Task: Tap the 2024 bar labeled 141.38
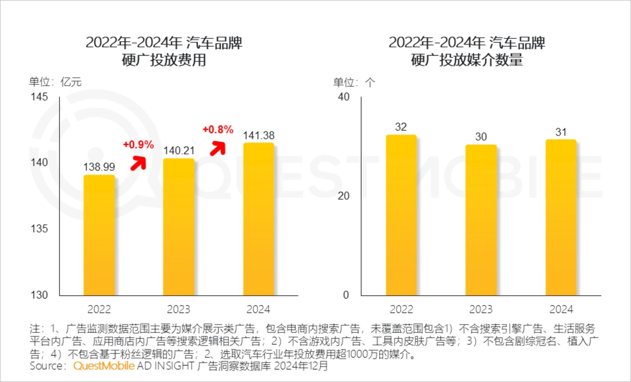259,219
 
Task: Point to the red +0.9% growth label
138,145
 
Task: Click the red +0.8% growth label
218,130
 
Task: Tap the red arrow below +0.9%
138,163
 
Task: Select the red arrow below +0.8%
218,148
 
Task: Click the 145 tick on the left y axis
39,97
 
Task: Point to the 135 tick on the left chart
39,228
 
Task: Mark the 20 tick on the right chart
344,196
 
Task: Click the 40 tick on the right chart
344,97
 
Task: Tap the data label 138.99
99,167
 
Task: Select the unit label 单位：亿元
55,82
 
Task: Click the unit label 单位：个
354,82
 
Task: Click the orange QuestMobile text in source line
104,366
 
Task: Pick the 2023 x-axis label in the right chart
481,309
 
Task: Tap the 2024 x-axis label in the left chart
258,309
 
